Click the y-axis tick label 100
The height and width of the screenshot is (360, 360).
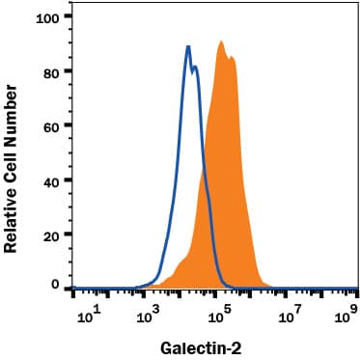pyautogui.click(x=48, y=17)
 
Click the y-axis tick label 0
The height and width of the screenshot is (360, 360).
pyautogui.click(x=56, y=287)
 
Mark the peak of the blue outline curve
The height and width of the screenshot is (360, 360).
pyautogui.click(x=188, y=46)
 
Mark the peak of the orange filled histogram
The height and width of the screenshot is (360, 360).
pyautogui.click(x=222, y=42)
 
